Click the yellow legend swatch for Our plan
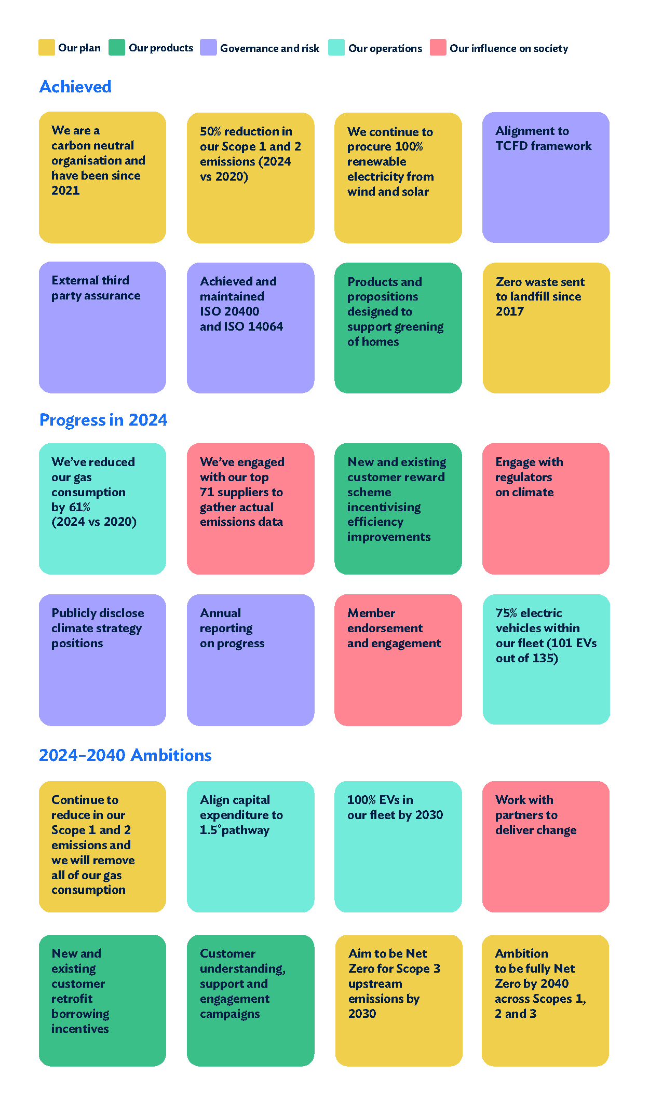[x=46, y=47]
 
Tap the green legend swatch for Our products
[x=116, y=47]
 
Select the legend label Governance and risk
[x=269, y=48]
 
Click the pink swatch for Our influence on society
[x=438, y=47]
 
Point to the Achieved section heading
[x=75, y=87]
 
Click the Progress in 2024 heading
[x=103, y=420]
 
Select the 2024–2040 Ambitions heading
[x=125, y=755]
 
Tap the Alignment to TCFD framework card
[x=546, y=177]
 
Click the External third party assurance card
[x=102, y=327]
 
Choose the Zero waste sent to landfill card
[x=546, y=327]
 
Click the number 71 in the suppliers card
[x=207, y=492]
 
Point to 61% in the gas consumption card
[x=79, y=507]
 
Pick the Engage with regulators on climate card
[x=546, y=508]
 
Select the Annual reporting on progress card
[x=250, y=659]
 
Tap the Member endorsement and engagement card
[x=398, y=659]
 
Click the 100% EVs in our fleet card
[x=398, y=846]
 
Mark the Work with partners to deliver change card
[x=546, y=846]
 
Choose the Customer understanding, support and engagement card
[x=250, y=1000]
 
